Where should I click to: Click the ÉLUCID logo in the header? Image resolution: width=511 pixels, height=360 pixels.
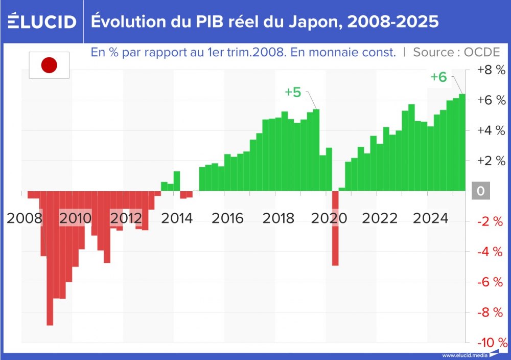tap(42, 21)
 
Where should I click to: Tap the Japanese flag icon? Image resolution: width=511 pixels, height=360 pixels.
tap(49, 65)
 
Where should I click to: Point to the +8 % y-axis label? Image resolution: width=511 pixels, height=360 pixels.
tap(490, 70)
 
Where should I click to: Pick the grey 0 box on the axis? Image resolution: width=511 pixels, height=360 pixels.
tap(480, 191)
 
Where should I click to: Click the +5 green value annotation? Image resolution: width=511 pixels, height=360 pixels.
tap(293, 93)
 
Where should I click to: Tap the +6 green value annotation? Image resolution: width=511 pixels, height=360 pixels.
tap(438, 77)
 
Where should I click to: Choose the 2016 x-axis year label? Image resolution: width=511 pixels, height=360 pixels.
tap(228, 218)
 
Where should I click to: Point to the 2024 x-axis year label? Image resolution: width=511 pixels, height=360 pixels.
tap(430, 218)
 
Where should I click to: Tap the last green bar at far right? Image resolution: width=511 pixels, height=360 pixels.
tap(462, 143)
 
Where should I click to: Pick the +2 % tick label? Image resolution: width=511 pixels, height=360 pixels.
tap(490, 161)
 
